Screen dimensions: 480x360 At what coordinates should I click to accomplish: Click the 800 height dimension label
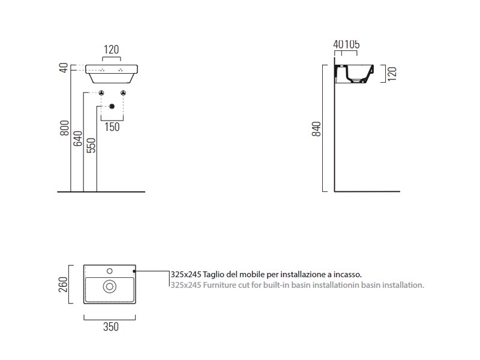[65, 128]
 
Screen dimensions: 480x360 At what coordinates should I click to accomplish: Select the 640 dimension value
[78, 139]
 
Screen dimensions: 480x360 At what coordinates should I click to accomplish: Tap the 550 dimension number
[91, 145]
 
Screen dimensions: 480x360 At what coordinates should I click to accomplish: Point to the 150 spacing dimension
[112, 127]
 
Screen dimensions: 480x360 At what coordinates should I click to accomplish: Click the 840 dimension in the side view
[317, 129]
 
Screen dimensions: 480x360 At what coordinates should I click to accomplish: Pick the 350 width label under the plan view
[111, 326]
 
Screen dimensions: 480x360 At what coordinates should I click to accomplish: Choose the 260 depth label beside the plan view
[63, 284]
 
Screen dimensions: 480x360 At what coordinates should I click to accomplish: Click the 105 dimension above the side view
[352, 44]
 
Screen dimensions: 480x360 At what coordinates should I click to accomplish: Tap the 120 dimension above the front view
[111, 50]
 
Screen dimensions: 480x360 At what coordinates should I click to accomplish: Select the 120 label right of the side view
[392, 74]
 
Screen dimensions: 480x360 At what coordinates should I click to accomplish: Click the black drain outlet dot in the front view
[112, 107]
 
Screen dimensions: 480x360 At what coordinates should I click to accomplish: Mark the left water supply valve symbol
[101, 93]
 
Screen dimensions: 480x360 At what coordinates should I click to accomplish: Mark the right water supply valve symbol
[123, 93]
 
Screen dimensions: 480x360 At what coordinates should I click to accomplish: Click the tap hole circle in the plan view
[110, 271]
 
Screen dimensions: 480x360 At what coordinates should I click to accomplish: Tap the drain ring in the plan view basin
[110, 287]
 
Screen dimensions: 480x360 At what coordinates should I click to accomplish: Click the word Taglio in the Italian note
[213, 275]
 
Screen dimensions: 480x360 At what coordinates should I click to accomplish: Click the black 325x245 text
[186, 274]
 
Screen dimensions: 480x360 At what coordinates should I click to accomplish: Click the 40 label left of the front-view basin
[64, 68]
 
